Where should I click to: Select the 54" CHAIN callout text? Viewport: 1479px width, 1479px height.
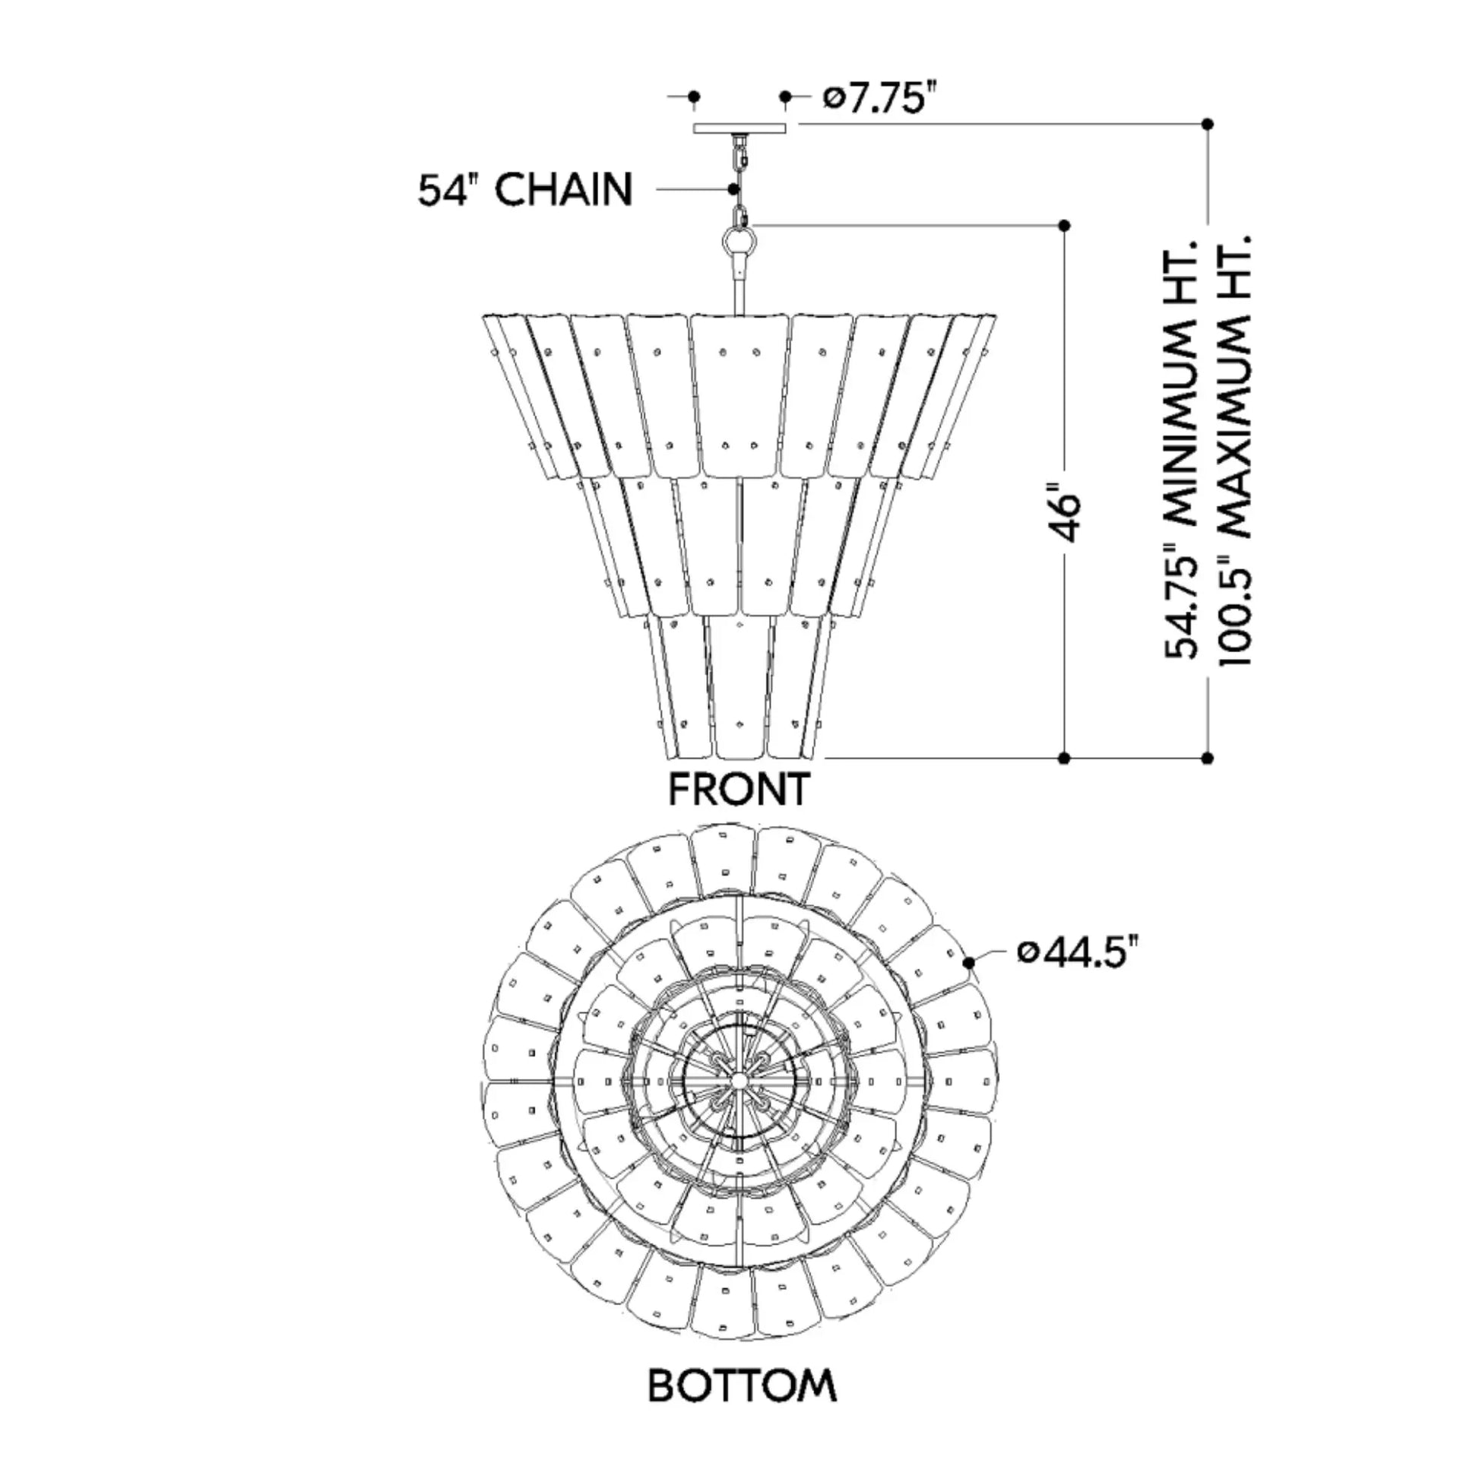point(525,189)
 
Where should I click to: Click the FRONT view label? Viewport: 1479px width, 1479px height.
point(739,788)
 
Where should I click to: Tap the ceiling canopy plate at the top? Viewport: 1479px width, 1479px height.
point(739,128)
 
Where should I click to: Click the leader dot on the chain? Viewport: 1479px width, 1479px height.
point(733,188)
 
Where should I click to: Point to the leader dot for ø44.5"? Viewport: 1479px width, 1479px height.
point(970,962)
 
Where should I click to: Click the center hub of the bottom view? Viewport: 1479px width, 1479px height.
point(739,1078)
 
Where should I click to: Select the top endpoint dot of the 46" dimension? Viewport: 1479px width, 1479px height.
point(1064,225)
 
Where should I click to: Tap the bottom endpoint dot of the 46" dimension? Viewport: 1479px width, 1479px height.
point(1064,758)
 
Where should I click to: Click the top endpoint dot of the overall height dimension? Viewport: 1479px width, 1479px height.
point(1208,123)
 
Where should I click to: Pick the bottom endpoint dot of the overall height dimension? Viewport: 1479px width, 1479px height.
point(1208,758)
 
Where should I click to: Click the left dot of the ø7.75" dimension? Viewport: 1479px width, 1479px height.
point(694,97)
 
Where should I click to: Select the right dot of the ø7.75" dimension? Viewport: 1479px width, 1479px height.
point(785,97)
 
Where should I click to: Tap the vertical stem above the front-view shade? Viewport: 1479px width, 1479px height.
point(739,295)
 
